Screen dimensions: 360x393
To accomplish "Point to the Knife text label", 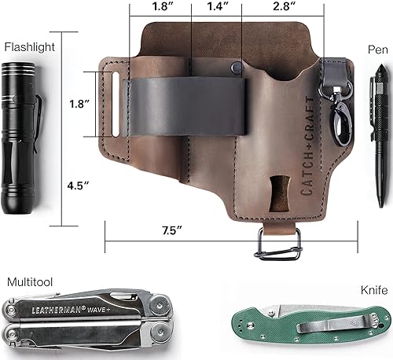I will coord(374,290).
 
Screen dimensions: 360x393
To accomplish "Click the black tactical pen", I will coord(376,118).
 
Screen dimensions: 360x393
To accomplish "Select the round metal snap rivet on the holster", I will coord(234,69).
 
